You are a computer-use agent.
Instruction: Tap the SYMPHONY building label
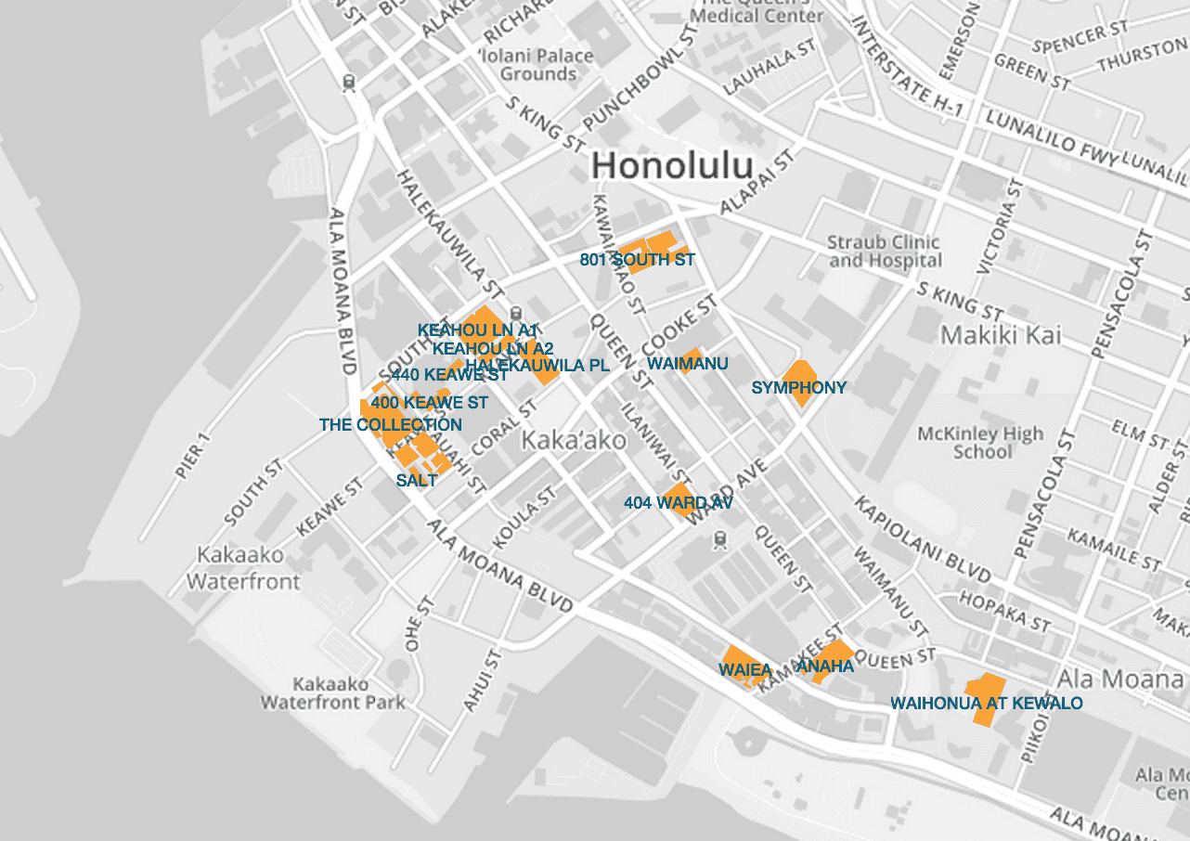click(798, 388)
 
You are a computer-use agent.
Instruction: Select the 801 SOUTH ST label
click(637, 260)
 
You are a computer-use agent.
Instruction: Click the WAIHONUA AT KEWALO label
click(986, 704)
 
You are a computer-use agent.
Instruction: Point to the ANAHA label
click(825, 666)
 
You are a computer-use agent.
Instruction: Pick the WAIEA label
click(745, 669)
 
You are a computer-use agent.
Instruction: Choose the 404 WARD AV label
click(679, 503)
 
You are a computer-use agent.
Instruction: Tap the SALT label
click(416, 481)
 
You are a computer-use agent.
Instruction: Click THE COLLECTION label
click(390, 425)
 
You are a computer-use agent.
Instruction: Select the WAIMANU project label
click(687, 364)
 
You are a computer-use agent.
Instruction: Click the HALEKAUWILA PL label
click(537, 366)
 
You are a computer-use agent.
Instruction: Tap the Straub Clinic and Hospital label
click(884, 252)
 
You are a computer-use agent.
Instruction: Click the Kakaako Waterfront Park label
click(332, 692)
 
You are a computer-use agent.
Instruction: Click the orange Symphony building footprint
click(797, 371)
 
